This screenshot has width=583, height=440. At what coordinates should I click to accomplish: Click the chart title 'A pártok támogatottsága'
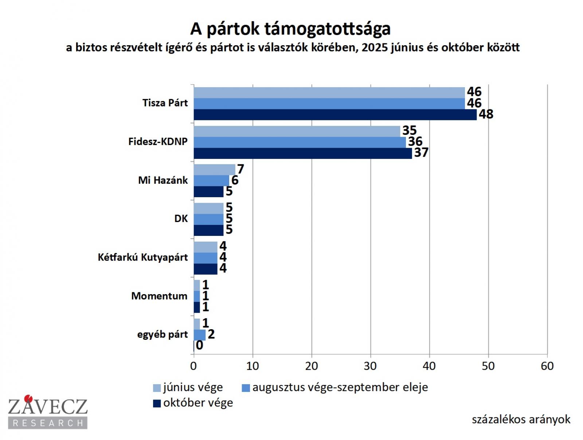[290, 29]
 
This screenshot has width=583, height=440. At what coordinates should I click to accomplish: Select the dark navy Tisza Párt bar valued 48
[335, 115]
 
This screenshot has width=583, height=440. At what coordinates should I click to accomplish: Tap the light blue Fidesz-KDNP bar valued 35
[297, 131]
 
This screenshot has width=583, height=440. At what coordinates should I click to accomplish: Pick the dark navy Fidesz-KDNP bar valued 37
[302, 153]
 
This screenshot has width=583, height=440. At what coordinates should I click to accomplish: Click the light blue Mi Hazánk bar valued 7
[214, 170]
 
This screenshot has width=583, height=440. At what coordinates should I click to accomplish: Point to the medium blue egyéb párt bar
[199, 335]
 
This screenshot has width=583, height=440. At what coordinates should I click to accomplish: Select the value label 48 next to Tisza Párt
[486, 114]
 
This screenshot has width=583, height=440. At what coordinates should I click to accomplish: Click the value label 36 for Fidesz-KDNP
[415, 142]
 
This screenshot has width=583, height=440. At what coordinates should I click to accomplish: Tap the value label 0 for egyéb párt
[199, 345]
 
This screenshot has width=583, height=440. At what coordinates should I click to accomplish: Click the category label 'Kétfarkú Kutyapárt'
[143, 257]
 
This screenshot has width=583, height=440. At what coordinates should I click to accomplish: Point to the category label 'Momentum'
[159, 296]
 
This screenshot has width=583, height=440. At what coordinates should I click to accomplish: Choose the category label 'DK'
[181, 219]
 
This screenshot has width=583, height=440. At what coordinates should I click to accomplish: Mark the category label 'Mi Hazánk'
[163, 180]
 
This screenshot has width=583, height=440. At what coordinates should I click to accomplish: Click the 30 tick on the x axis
[370, 366]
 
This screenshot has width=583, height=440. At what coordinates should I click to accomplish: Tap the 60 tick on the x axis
[547, 366]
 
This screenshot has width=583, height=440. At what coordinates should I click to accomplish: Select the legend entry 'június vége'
[192, 387]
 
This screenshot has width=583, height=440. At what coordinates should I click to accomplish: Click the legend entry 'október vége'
[197, 403]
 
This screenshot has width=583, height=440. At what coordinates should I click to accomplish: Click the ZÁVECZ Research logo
[48, 412]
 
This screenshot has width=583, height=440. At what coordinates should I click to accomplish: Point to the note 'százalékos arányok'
[521, 420]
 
